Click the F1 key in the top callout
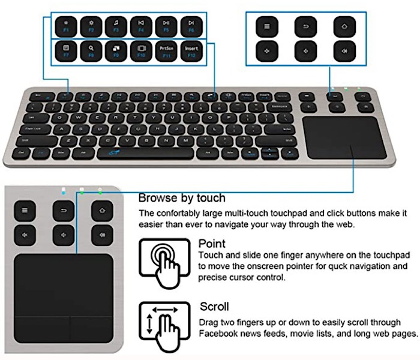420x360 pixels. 65,26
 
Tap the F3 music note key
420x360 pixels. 115,26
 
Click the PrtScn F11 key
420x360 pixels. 165,51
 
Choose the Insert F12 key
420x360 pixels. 190,51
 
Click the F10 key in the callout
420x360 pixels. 140,51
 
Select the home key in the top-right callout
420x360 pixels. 342,27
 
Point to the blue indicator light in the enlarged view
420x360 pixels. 63,192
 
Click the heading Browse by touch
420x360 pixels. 182,198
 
